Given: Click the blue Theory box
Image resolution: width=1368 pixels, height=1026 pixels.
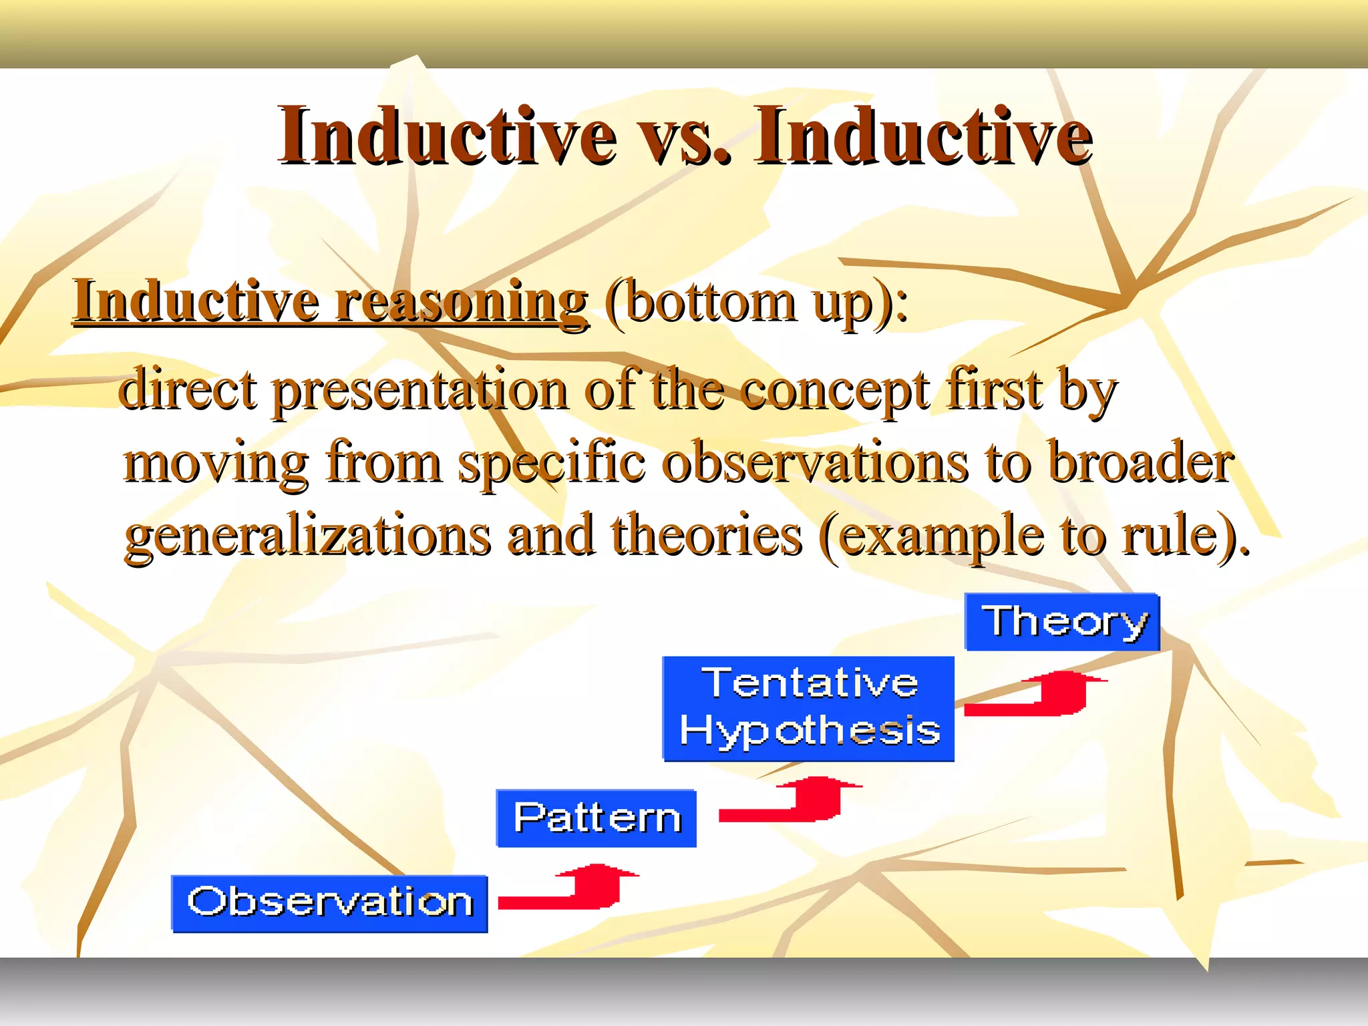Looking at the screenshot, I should click(1062, 622).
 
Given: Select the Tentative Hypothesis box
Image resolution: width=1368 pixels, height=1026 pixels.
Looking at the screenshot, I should click(808, 708).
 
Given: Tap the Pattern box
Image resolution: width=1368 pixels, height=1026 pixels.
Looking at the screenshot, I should click(596, 818).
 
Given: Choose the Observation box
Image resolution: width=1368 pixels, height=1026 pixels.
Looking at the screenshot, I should click(329, 903).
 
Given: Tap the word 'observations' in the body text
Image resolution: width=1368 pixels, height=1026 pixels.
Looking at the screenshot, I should click(815, 463).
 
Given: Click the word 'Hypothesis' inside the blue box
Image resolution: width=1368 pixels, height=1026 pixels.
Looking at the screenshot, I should click(810, 731).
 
